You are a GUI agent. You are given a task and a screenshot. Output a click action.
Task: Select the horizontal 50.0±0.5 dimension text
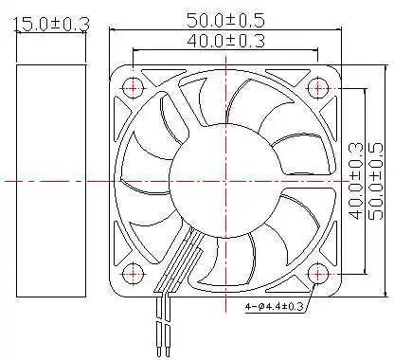pos(225,18)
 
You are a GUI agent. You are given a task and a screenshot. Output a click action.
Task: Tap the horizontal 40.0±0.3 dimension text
pos(225,40)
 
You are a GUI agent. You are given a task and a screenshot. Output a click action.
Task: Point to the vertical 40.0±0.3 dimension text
pos(356,180)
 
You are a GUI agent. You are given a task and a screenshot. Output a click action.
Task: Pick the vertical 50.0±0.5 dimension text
pos(375,180)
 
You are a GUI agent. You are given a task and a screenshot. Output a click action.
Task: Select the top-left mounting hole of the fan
pos(134,87)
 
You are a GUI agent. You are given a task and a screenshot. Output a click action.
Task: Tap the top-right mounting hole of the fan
pos(317,87)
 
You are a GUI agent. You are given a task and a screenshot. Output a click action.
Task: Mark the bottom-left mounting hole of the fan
pos(134,273)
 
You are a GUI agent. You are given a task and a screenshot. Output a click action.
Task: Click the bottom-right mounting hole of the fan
pos(317,273)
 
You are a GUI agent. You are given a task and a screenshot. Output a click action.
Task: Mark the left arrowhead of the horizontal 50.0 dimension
pos(115,29)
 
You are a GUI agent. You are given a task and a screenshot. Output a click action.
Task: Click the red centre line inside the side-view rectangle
pos(46,179)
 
